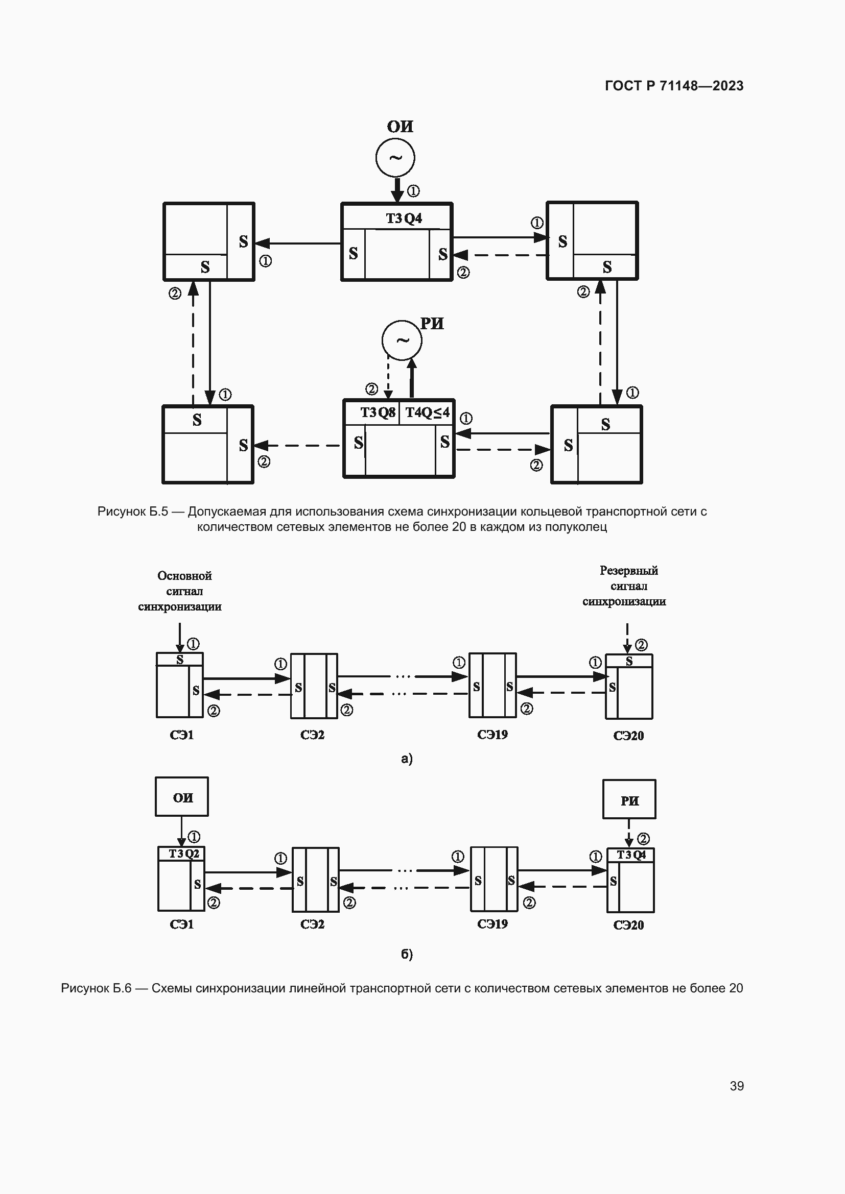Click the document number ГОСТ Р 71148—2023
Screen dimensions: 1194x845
click(x=674, y=86)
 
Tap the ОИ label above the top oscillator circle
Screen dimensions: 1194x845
click(x=400, y=127)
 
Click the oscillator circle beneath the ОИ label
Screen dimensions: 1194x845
click(x=395, y=158)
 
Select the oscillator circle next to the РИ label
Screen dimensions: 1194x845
click(x=402, y=340)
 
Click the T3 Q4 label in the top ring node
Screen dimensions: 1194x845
click(x=404, y=218)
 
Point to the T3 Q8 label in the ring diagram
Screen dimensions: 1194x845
click(x=378, y=412)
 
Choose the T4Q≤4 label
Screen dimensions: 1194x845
click(x=427, y=412)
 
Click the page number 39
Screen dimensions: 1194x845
click(x=736, y=1086)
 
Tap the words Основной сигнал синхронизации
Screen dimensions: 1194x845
click(x=180, y=591)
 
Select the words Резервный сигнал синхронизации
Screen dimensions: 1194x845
click(x=624, y=586)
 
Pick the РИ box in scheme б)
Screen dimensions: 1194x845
click(x=629, y=799)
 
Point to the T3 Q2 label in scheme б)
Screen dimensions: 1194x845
click(x=184, y=854)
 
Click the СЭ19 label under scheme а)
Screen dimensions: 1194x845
click(x=492, y=735)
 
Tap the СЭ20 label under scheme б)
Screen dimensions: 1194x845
click(x=628, y=925)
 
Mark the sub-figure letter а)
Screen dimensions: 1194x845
click(x=407, y=759)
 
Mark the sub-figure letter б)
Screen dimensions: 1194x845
click(x=407, y=954)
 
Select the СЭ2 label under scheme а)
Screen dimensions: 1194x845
click(x=312, y=735)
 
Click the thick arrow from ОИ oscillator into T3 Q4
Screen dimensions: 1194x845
click(x=397, y=190)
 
